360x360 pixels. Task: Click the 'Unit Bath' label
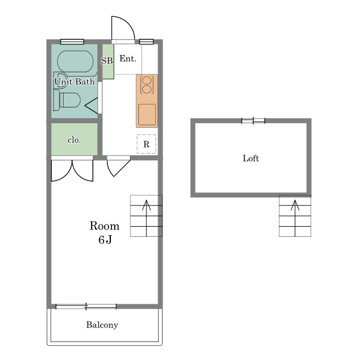(74, 82)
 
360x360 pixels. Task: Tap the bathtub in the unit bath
(75, 62)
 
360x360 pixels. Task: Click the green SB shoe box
(108, 61)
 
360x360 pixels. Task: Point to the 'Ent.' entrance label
(128, 58)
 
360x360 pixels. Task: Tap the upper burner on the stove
(147, 80)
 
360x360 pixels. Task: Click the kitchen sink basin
(147, 115)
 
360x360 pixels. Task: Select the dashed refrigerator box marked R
(146, 144)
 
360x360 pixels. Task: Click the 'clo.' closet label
(74, 140)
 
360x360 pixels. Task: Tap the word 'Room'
(105, 226)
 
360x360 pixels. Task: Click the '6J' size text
(105, 240)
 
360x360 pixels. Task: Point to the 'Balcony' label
(102, 325)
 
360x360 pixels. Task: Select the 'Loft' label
(251, 159)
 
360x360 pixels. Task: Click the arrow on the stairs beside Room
(146, 218)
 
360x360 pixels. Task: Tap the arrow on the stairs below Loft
(295, 218)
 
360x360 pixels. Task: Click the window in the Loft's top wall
(253, 120)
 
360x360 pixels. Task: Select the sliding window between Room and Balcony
(86, 307)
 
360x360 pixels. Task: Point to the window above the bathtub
(72, 42)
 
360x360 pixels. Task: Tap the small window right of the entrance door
(146, 42)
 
